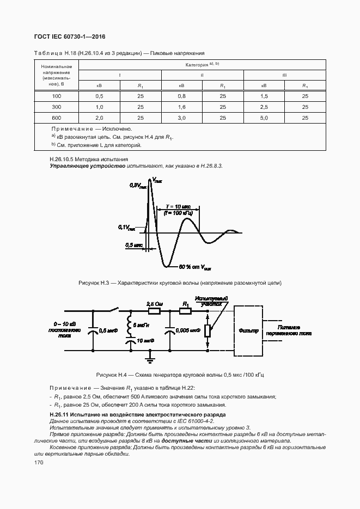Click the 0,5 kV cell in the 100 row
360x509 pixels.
point(99,96)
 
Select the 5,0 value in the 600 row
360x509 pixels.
point(264,118)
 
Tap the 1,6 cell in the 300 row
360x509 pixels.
point(181,107)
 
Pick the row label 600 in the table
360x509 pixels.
point(56,118)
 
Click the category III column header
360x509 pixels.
point(284,75)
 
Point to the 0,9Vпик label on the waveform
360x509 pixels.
point(138,186)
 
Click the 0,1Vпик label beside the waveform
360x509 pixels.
point(127,227)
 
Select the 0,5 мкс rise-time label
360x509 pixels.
point(134,246)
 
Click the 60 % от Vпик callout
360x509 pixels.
point(195,267)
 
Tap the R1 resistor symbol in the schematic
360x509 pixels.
point(186,311)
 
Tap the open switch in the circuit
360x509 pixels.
point(116,310)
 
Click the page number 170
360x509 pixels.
point(39,462)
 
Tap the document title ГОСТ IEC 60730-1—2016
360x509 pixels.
point(70,37)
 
